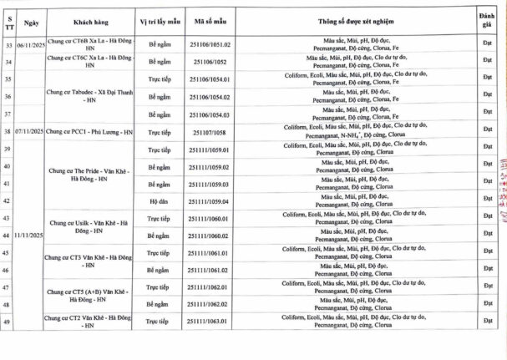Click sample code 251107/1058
coord(210,132)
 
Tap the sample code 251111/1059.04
coord(210,201)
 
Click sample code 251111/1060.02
coord(210,236)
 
